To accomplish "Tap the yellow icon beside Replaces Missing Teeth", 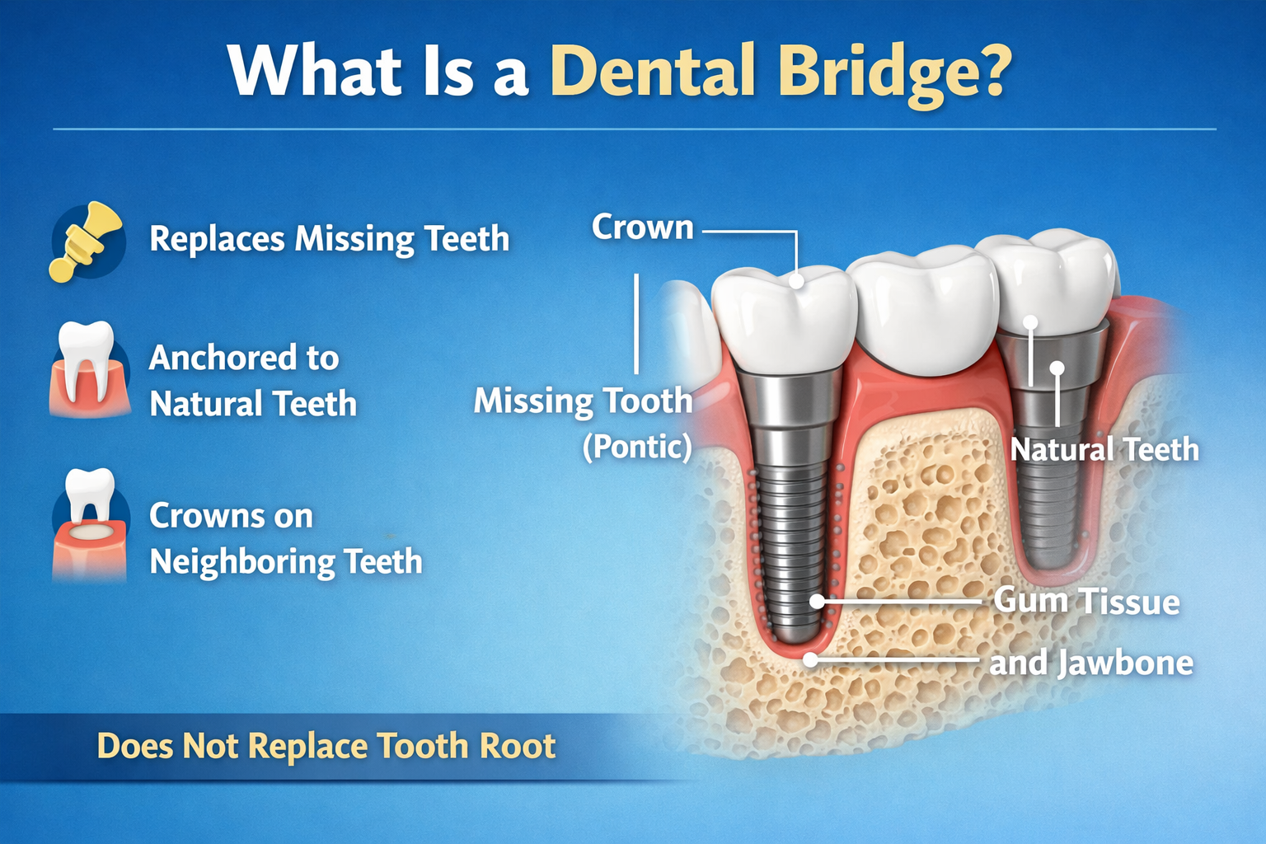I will click(x=87, y=241).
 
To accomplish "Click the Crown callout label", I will click(x=642, y=227).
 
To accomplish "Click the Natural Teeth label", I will click(x=1104, y=450).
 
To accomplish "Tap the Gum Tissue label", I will click(x=1086, y=601).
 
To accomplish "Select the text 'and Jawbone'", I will click(x=1090, y=663).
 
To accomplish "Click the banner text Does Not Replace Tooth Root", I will click(x=326, y=746).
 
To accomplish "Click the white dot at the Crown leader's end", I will click(x=796, y=281).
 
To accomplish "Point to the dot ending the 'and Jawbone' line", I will click(x=811, y=659).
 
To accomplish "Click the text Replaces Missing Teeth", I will click(x=329, y=239).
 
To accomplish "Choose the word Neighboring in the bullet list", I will click(x=242, y=562).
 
